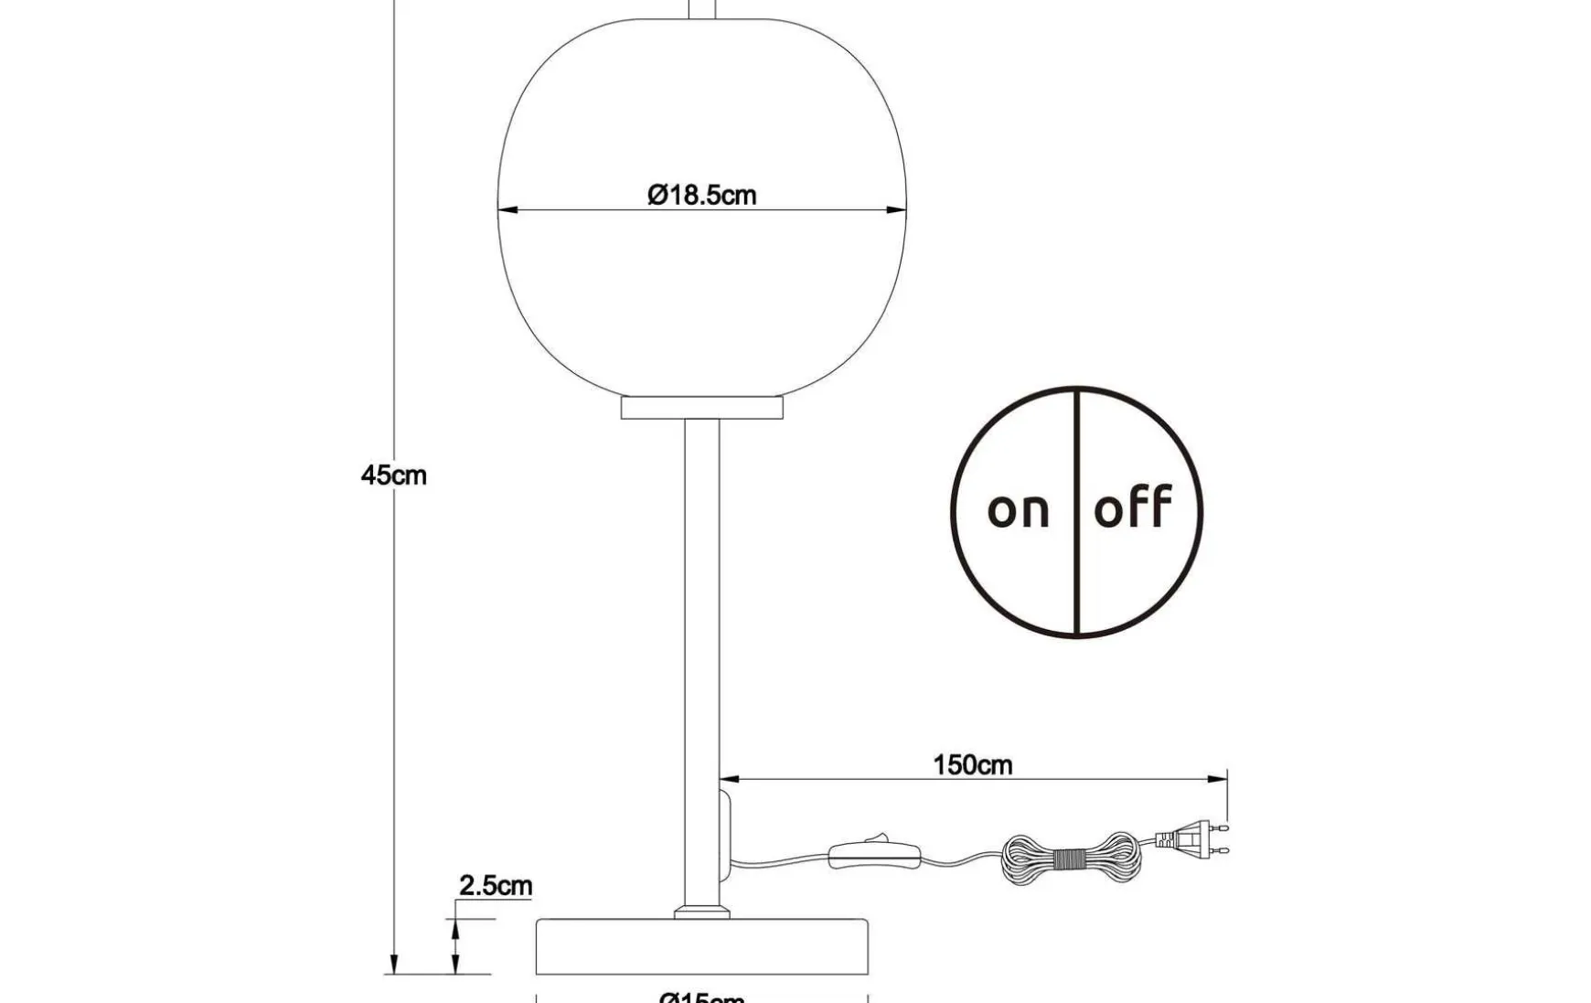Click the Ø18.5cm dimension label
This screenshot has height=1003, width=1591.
(x=701, y=195)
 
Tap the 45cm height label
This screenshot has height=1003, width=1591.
(x=393, y=475)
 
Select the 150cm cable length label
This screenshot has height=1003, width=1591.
(x=972, y=764)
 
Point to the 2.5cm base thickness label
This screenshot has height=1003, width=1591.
(x=495, y=885)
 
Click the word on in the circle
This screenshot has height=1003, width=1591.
(x=1018, y=510)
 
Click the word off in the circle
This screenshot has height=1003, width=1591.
(x=1133, y=507)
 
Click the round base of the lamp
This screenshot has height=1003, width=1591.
(x=701, y=947)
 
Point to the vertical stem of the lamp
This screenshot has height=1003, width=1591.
(x=701, y=658)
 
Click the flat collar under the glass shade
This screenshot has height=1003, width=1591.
(x=702, y=407)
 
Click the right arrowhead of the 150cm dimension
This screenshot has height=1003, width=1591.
(x=1218, y=780)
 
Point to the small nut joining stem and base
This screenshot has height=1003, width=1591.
(x=701, y=912)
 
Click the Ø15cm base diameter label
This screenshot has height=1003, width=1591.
(x=701, y=997)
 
